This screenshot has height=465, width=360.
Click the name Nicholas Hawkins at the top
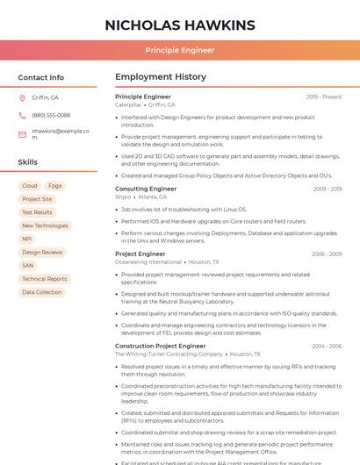[x=180, y=25]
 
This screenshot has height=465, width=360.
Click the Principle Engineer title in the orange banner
[x=180, y=50]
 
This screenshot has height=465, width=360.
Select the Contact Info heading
[x=40, y=77]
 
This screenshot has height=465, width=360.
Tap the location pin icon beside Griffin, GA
[x=22, y=97]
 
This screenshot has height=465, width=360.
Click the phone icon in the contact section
[x=22, y=115]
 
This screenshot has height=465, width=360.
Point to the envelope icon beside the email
[x=22, y=133]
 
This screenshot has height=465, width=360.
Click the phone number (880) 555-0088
[x=51, y=115]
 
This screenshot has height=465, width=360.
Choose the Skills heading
[x=28, y=162]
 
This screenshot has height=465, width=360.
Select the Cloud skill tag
[x=30, y=186]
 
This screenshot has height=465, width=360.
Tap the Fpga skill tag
[x=55, y=186]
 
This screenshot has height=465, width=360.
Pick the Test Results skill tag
[x=37, y=212]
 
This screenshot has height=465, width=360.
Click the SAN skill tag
[x=28, y=265]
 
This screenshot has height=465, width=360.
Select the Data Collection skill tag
[x=42, y=292]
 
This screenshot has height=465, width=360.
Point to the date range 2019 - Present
[x=324, y=97]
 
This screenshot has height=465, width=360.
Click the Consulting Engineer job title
[x=146, y=189]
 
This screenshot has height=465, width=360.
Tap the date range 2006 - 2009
[x=327, y=254]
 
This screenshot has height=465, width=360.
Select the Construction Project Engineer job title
[x=160, y=346]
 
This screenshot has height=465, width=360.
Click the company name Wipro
[x=123, y=197]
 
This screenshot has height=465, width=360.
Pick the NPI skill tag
[x=27, y=239]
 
